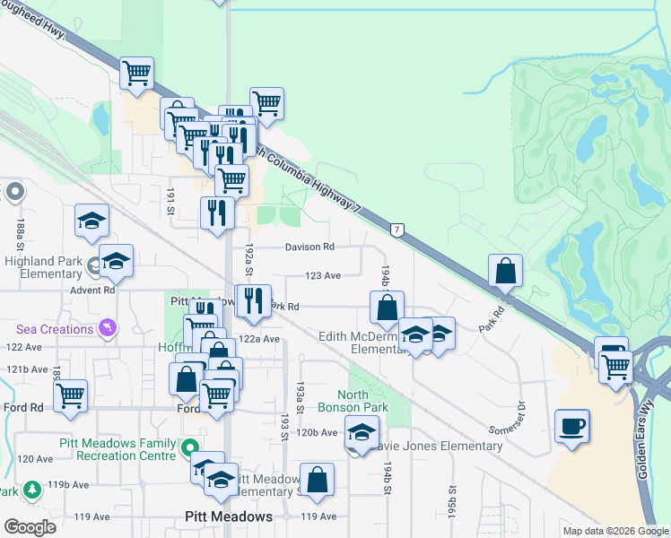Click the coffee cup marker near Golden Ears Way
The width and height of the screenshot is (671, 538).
click(572, 425)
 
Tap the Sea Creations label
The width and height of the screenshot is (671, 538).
click(55, 329)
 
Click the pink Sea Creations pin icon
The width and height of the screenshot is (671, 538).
click(108, 329)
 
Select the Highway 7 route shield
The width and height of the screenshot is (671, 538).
click(396, 230)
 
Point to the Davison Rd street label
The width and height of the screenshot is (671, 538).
click(309, 247)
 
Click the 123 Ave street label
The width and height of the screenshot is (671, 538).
click(323, 276)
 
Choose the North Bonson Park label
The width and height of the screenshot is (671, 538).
click(363, 401)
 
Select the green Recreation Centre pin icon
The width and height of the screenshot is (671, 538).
click(188, 446)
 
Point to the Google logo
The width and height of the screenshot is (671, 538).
click(30, 527)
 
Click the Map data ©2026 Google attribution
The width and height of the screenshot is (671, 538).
click(615, 531)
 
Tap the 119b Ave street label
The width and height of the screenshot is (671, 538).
click(68, 484)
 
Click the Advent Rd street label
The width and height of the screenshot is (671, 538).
click(96, 290)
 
